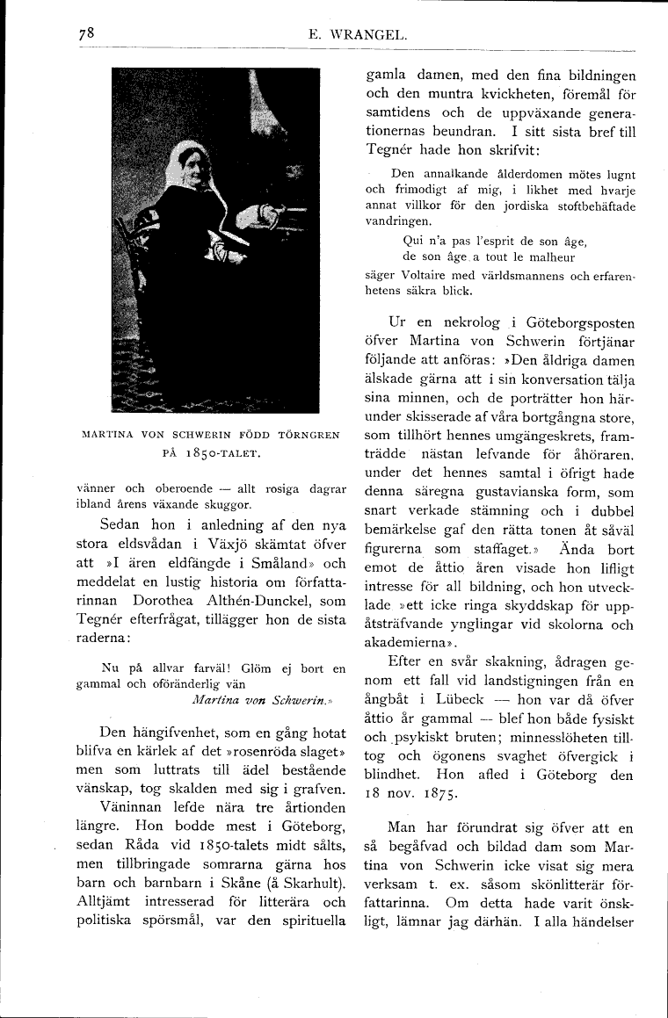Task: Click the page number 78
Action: (x=85, y=36)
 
